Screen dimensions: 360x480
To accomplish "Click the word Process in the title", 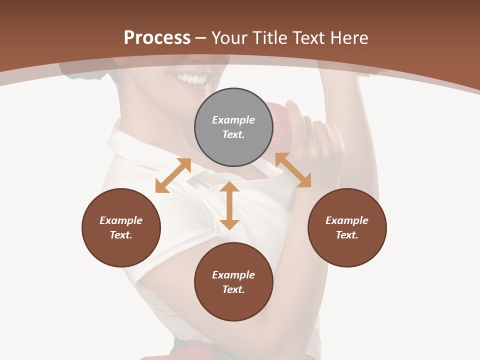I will click(157, 38).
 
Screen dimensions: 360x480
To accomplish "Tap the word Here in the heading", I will click(349, 38).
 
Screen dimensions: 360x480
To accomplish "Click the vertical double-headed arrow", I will click(229, 205).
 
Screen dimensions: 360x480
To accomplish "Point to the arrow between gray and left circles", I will click(173, 175).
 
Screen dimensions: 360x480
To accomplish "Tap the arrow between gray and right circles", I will click(293, 170).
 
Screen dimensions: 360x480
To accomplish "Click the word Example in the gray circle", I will click(233, 120).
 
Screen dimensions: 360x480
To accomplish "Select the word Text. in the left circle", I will click(121, 235).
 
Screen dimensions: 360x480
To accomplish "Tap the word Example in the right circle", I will click(347, 220).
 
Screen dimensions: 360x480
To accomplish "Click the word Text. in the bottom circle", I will click(233, 289).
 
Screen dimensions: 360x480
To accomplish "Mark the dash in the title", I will click(201, 38).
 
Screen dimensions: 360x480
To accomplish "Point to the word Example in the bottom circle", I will click(233, 275).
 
